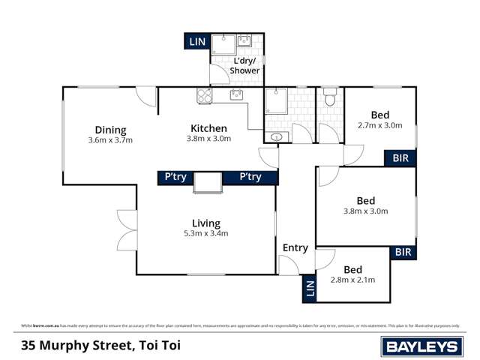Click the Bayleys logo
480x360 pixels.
pos(421,346)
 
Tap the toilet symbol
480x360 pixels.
pos(329,99)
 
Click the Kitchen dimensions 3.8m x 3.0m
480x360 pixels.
pos(208,139)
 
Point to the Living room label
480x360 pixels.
pos(205,223)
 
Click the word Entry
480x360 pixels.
pos(295,248)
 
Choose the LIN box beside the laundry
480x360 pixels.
pos(197,42)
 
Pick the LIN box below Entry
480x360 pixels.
pos(308,289)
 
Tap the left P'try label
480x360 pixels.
pos(175,177)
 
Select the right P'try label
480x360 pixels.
pos(250,177)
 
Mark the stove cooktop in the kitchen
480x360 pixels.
pos(204,95)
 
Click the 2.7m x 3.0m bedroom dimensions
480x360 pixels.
pos(380,126)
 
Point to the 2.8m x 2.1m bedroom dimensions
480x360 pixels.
pos(352,280)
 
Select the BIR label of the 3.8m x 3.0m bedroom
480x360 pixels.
pos(403,253)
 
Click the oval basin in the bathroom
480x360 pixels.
pos(275,136)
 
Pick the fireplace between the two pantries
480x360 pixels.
pos(208,181)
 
